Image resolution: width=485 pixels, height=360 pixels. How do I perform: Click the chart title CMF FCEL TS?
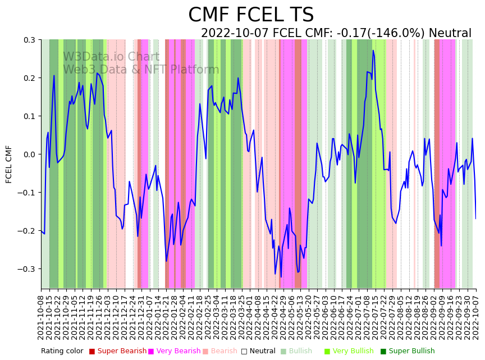pos(251,15)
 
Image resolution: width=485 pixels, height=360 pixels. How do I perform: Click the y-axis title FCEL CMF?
pos(9,164)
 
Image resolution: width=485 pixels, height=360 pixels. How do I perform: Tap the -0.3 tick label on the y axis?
pos(28,269)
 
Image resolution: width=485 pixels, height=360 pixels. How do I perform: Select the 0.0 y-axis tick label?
pos(29,154)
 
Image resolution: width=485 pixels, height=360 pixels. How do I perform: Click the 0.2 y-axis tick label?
pos(29,78)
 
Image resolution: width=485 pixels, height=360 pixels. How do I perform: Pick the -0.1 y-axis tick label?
pos(28,193)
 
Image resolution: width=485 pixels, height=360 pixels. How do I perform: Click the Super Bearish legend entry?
pos(122,351)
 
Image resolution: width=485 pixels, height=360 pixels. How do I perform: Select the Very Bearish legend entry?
pos(179,351)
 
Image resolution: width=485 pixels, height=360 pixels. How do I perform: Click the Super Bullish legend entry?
pos(412,351)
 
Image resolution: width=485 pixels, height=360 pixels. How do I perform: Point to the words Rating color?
pos(62,351)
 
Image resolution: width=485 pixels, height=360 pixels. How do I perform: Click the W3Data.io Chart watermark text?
pos(111,57)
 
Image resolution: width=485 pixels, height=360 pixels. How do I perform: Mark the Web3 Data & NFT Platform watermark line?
pos(141,70)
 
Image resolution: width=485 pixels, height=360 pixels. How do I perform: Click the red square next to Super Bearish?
pos(92,352)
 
